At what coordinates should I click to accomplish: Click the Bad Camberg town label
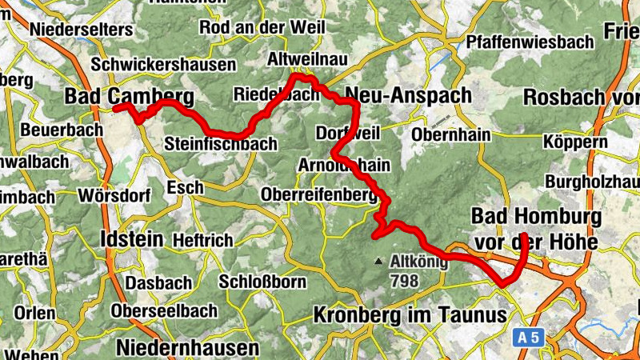(128, 97)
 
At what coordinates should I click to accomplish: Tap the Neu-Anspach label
(407, 95)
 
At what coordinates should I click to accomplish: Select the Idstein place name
(133, 238)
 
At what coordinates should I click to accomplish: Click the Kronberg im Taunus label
(410, 314)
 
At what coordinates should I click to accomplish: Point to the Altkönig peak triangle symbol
(379, 261)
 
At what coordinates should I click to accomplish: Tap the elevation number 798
(405, 280)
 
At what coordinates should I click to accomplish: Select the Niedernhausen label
(187, 347)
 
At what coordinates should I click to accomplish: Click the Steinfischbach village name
(220, 145)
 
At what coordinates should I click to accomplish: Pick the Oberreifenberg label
(318, 194)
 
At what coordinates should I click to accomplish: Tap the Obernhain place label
(450, 134)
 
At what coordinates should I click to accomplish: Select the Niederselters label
(80, 29)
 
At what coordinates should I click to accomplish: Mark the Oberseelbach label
(164, 310)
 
